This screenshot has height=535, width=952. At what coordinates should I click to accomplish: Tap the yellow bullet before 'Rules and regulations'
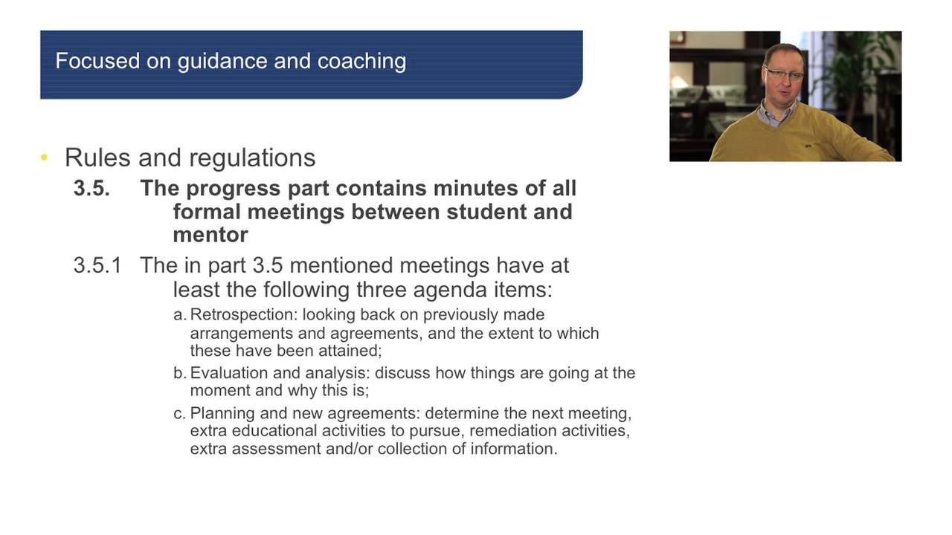click(45, 158)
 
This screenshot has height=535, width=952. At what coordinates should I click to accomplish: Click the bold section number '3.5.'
click(91, 188)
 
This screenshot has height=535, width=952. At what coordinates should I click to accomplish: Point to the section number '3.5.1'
click(97, 265)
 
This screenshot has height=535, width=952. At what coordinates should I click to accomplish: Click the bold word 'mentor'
click(210, 235)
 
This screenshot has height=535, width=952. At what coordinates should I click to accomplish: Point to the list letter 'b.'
click(180, 373)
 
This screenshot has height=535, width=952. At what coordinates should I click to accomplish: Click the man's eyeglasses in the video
click(785, 74)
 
